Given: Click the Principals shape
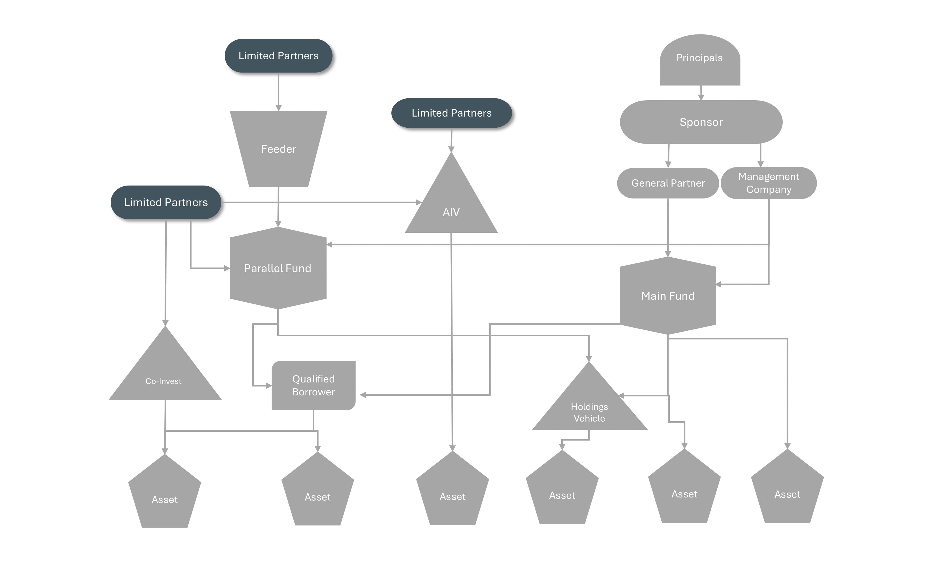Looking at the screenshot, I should (x=700, y=60).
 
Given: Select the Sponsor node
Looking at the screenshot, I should (x=701, y=122).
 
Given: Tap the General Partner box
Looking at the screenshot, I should (x=668, y=183).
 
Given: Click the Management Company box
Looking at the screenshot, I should (x=768, y=183).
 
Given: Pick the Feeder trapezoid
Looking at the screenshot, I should (x=278, y=149).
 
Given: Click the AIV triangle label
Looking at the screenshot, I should (x=451, y=212).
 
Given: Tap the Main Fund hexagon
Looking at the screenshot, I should (x=668, y=296).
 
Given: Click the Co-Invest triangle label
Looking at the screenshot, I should (x=164, y=381).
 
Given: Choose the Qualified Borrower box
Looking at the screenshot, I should (x=313, y=386).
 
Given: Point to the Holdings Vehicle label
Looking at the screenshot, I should (x=589, y=413).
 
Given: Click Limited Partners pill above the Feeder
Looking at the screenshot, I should (x=278, y=56).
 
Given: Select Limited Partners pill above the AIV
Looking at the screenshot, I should (x=451, y=113).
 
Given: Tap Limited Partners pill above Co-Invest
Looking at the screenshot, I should (x=166, y=202).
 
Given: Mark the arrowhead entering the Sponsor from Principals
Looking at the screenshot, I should (x=701, y=97).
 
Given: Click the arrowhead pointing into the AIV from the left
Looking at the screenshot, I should (x=419, y=202).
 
